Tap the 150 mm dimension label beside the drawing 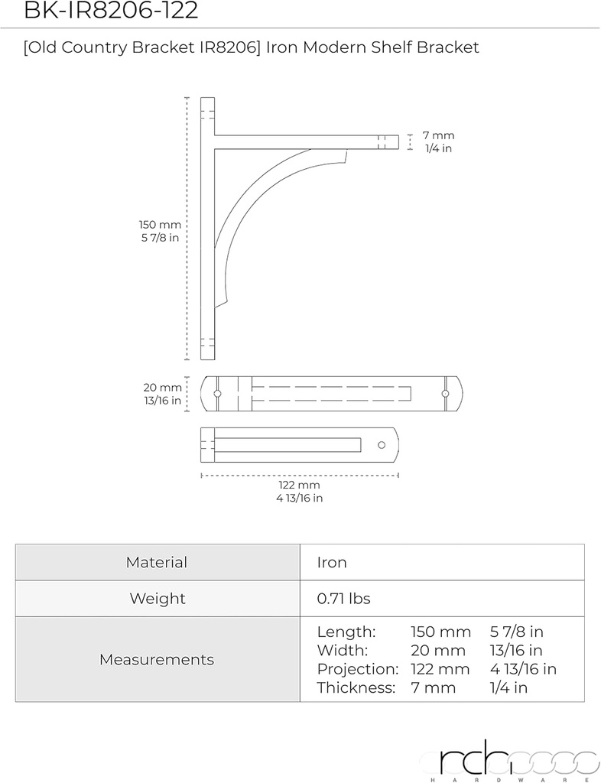click(160, 225)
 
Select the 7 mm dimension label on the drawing click(438, 135)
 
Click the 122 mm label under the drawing click(299, 486)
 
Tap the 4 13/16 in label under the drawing click(299, 499)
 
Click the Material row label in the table click(157, 563)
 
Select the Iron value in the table click(332, 563)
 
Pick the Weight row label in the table click(157, 599)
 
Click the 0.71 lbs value click(343, 599)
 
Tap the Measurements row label click(157, 659)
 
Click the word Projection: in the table click(358, 669)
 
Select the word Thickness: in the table click(356, 687)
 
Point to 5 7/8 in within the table click(516, 632)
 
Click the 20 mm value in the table click(438, 651)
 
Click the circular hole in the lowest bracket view click(381, 444)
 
